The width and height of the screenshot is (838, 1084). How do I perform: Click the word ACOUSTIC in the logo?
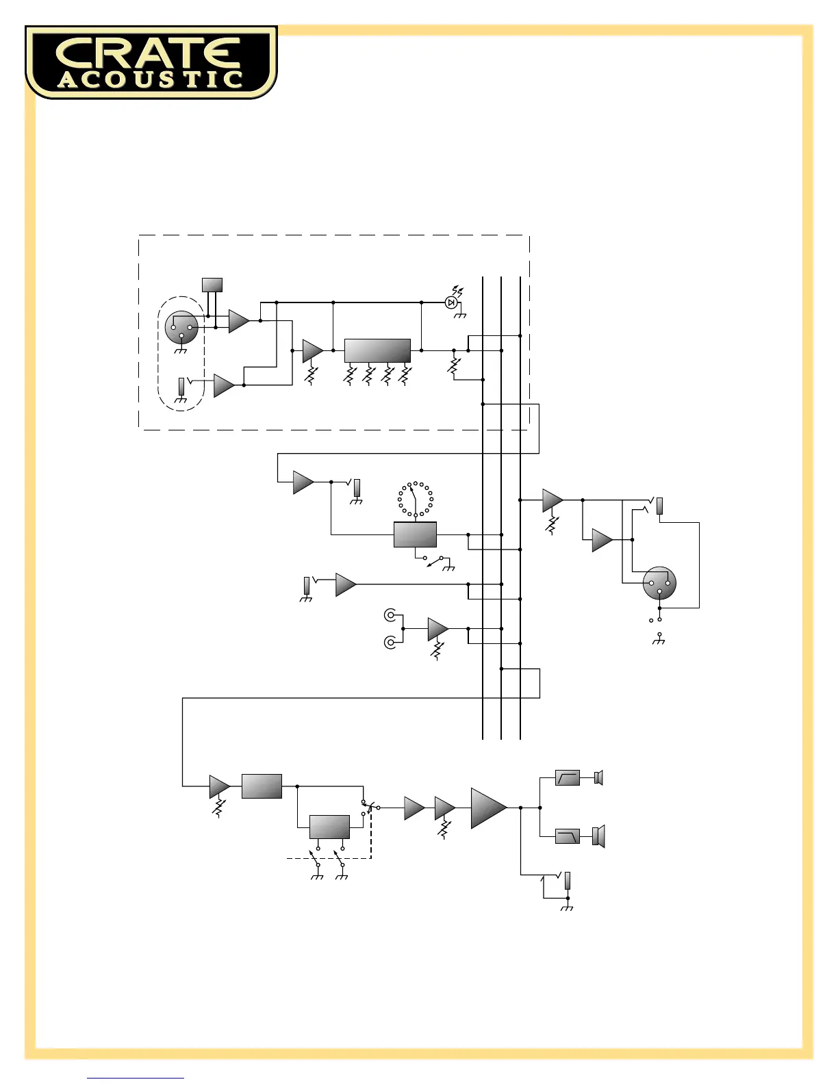click(x=151, y=80)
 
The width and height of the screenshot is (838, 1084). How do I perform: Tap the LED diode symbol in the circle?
click(x=450, y=302)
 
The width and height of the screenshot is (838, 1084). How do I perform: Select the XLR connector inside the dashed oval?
click(x=181, y=328)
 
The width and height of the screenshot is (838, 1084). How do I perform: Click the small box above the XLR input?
click(x=212, y=285)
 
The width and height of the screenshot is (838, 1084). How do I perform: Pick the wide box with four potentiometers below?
click(x=377, y=350)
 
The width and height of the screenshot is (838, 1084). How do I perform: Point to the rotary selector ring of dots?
click(x=416, y=499)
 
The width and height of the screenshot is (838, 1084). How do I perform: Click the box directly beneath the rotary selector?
click(x=416, y=534)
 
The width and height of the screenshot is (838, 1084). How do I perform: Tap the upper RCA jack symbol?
click(x=390, y=615)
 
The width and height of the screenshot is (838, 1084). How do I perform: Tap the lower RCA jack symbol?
click(x=390, y=643)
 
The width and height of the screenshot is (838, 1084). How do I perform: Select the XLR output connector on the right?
click(x=659, y=583)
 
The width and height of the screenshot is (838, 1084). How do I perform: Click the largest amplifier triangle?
click(x=488, y=808)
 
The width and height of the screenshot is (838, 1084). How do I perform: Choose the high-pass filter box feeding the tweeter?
click(x=568, y=778)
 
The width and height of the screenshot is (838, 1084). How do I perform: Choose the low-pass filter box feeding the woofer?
click(x=568, y=836)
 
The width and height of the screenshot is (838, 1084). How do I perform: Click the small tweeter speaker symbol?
click(x=598, y=778)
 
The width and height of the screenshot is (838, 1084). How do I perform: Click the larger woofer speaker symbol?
click(x=598, y=836)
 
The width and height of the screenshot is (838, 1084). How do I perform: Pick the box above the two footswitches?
click(x=330, y=827)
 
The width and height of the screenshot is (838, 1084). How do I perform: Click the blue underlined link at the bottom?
click(x=136, y=1079)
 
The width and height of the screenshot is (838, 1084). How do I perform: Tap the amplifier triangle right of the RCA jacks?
click(x=437, y=629)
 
